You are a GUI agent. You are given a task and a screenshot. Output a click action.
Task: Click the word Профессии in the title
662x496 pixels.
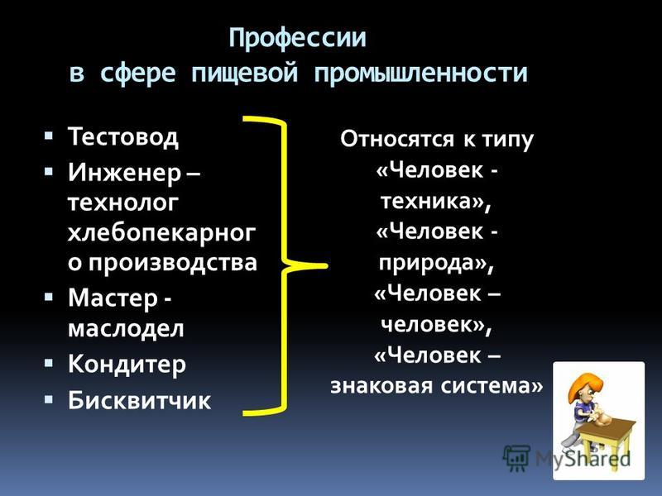297,39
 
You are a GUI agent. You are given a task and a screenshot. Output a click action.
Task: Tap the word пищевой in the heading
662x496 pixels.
244,74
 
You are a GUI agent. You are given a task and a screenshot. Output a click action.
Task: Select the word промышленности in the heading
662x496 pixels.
420,74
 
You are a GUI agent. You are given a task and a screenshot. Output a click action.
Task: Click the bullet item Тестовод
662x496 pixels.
122,137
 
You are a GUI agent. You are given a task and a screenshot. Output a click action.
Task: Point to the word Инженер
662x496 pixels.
124,173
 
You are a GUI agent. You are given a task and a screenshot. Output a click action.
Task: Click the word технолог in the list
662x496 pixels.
122,203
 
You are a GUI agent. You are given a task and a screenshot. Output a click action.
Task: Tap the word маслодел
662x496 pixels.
126,328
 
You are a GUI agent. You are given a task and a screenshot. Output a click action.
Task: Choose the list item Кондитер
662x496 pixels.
127,364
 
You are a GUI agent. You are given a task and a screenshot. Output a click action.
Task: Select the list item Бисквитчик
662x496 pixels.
139,399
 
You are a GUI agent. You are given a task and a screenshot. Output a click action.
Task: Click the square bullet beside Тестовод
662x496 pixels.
49,136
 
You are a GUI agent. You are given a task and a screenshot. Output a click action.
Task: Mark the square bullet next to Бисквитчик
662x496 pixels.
49,398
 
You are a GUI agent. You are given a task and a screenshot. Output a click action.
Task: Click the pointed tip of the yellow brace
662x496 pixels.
325,266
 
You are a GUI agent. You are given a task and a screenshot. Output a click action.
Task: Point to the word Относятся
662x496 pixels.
397,139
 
